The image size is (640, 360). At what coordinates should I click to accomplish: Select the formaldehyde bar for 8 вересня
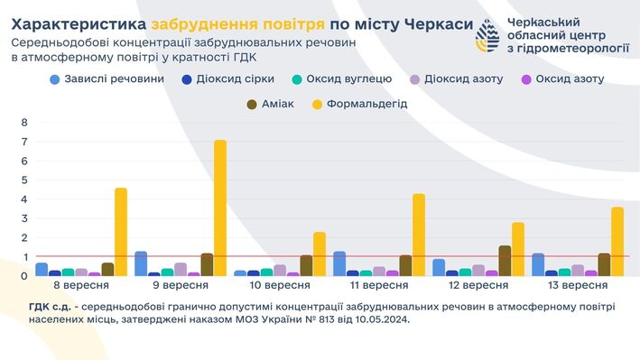coord(121,232)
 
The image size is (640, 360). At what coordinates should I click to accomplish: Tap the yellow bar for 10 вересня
coord(320,254)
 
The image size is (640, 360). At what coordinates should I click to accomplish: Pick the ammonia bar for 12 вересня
coord(505,261)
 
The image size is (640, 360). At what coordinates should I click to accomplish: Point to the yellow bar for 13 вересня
coord(617,241)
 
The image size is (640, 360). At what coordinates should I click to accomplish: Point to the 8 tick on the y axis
coord(24,123)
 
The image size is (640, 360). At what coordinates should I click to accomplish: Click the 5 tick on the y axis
coord(24,180)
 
